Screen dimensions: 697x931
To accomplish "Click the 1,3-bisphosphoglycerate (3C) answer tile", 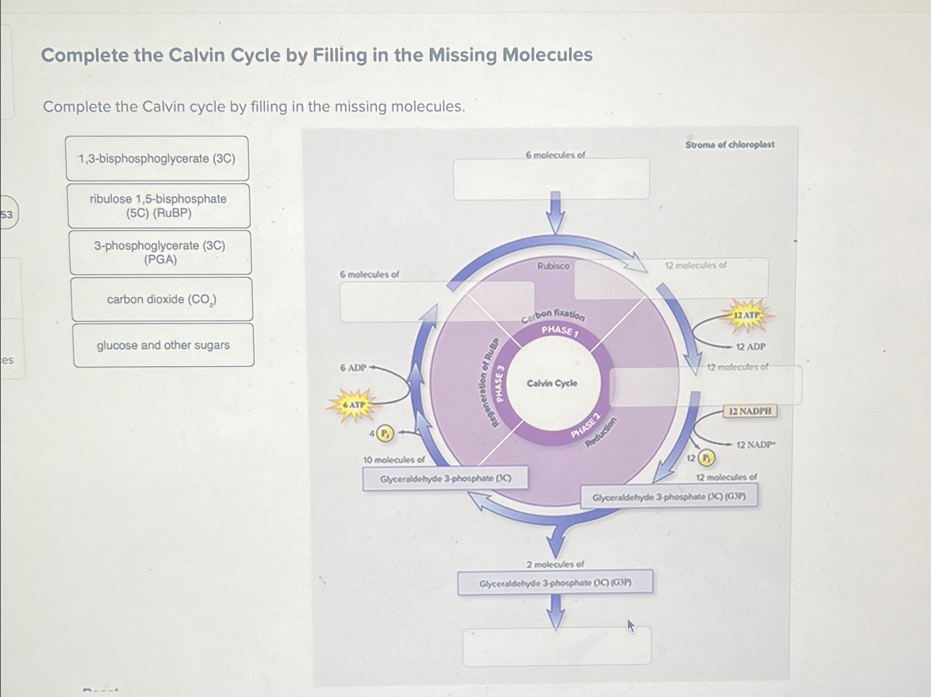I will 157,159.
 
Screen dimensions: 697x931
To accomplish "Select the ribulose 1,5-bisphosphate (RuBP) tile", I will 159,206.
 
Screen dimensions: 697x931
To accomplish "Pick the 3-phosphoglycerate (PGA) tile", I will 160,252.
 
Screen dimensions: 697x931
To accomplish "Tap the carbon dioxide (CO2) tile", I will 162,299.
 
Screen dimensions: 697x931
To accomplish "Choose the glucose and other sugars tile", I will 163,345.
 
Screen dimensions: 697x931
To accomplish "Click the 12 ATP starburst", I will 747,315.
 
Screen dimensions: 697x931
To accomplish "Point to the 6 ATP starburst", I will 353,405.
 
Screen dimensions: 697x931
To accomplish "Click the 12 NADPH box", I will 750,411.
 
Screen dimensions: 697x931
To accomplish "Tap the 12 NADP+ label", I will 756,445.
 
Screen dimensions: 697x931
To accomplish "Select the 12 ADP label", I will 751,347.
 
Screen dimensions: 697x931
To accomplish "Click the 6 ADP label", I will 353,368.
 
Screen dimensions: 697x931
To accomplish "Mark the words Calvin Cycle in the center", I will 552,383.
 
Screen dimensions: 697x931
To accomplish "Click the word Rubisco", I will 553,266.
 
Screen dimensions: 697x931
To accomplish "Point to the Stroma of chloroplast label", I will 730,145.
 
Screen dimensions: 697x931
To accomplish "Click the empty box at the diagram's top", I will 551,179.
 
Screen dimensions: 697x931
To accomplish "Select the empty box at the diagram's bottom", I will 557,646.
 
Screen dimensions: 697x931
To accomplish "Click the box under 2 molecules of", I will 555,583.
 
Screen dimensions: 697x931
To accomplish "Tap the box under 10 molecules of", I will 445,478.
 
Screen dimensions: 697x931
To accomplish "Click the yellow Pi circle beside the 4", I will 385,433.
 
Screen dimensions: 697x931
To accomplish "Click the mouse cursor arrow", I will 631,626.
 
